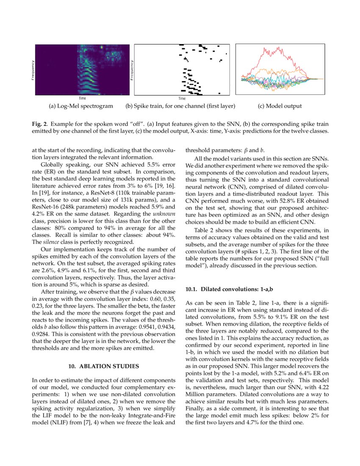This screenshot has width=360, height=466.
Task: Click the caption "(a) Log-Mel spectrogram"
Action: pyautogui.click(x=80, y=106)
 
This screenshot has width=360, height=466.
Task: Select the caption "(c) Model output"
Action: pyautogui.click(x=280, y=106)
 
